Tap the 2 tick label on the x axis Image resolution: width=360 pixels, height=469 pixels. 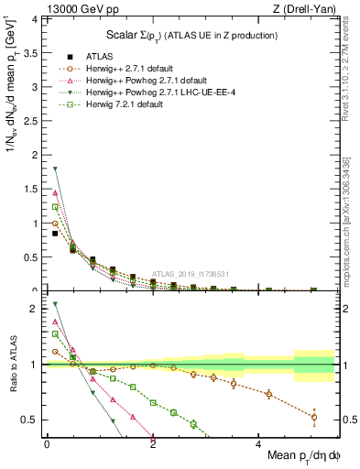pyautogui.click(x=152, y=443)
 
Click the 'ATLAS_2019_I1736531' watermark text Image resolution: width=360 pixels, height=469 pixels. pyautogui.click(x=190, y=274)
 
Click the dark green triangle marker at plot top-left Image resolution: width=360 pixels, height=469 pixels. pyautogui.click(x=55, y=169)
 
